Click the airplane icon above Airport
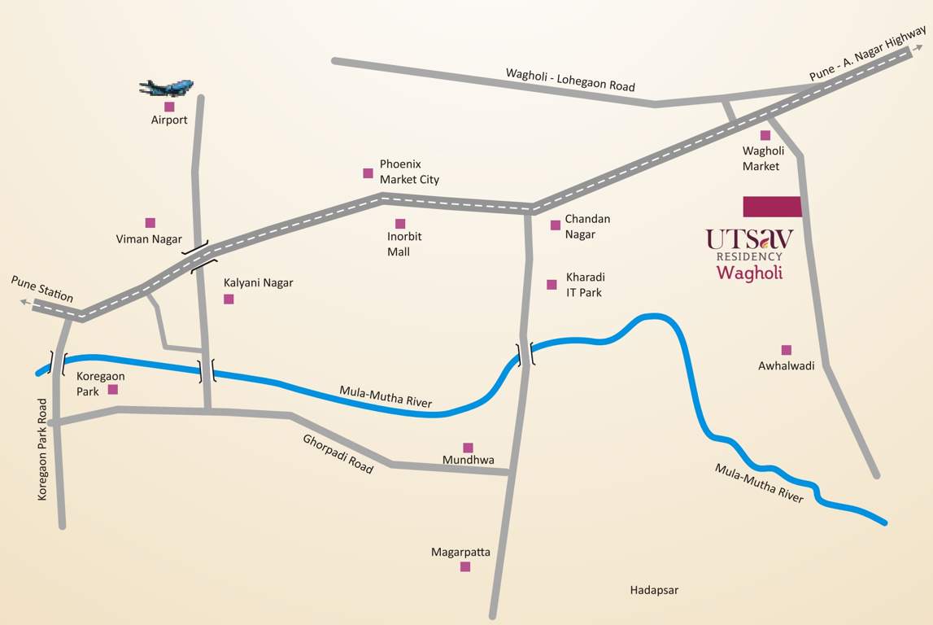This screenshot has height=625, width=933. [167, 87]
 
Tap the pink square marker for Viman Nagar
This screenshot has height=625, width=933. [150, 223]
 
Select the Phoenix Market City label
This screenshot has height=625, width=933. [408, 172]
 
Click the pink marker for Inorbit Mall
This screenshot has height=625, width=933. [400, 224]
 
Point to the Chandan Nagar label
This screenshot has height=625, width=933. [586, 226]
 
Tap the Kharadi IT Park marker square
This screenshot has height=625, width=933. [552, 285]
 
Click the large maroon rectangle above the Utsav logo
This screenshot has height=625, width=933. [772, 207]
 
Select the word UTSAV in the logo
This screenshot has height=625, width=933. [749, 238]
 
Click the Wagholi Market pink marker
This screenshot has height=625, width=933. [765, 135]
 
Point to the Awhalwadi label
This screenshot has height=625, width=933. [786, 366]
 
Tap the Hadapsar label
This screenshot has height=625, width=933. [654, 590]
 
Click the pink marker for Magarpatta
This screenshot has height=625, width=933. [465, 566]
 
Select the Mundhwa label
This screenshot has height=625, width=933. [468, 461]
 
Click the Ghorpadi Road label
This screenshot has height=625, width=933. [338, 454]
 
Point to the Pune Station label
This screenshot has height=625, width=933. [41, 289]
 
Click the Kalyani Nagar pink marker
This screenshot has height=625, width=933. [229, 299]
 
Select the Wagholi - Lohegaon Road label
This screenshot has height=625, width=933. [569, 79]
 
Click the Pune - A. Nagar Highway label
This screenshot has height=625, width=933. [867, 53]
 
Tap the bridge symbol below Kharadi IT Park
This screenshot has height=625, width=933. [525, 354]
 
